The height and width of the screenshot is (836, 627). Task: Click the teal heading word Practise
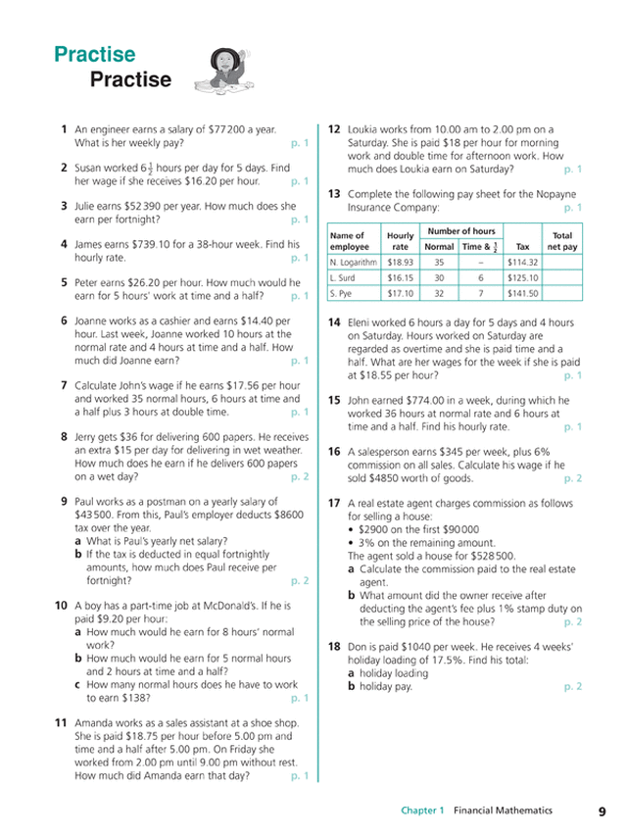95,55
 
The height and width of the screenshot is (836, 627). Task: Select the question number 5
63,282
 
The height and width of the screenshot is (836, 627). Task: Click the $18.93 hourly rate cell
400,263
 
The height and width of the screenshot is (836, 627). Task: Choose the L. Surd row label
345,277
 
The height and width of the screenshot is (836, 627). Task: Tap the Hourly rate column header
400,241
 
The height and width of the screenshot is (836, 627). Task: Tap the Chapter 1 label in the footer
422,811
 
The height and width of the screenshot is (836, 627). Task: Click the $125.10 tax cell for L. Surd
522,277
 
